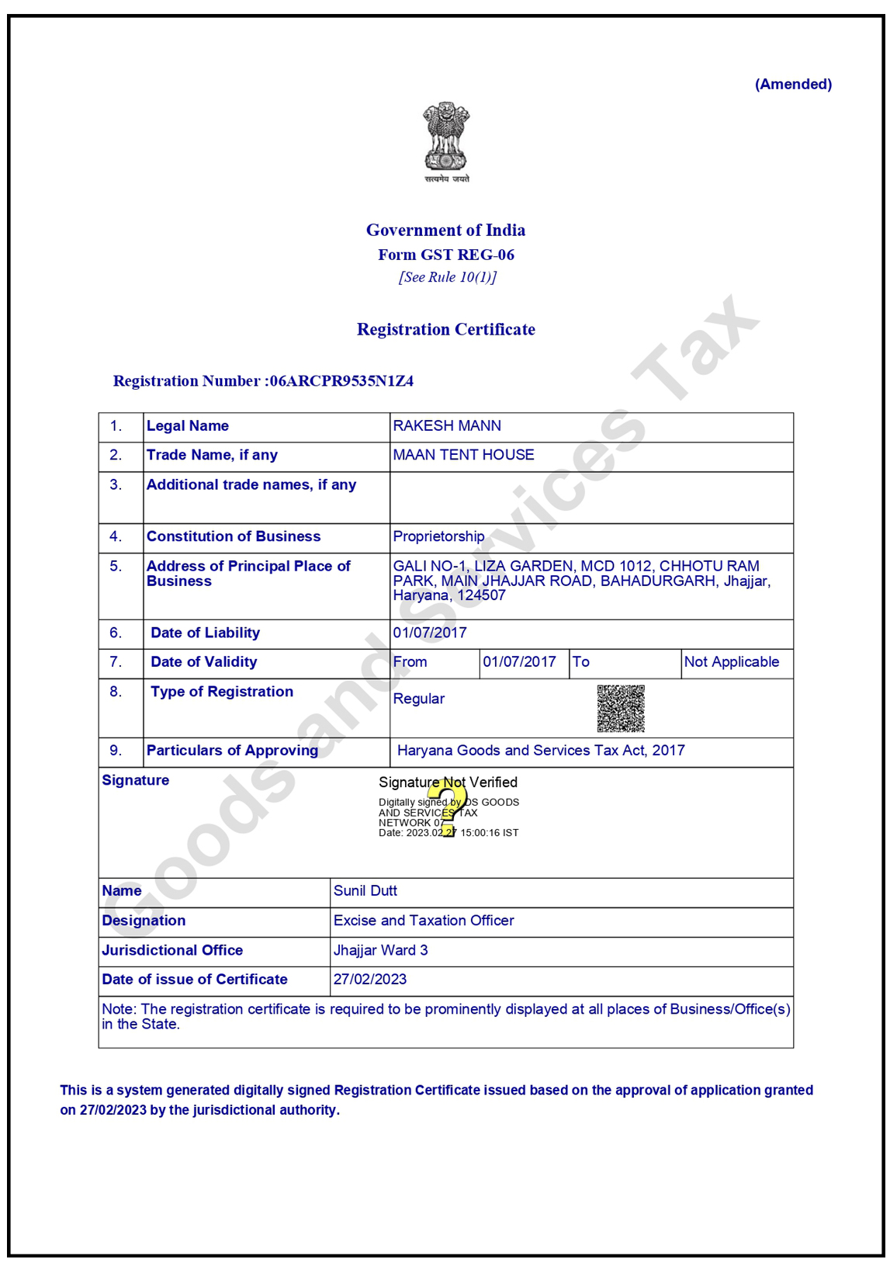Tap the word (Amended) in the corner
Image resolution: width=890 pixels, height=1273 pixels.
(x=793, y=85)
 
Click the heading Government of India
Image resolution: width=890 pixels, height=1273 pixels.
(x=445, y=231)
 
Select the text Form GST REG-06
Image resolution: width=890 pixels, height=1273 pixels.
(x=445, y=255)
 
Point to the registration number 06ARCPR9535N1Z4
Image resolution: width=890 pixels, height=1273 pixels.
(x=341, y=381)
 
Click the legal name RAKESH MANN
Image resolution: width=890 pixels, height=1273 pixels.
(x=447, y=426)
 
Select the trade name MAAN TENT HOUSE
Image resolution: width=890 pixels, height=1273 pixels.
(x=463, y=455)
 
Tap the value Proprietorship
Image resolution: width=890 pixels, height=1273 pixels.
(x=438, y=536)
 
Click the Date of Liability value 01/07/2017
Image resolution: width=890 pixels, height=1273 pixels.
(x=430, y=633)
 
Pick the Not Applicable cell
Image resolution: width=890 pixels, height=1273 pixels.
(x=732, y=662)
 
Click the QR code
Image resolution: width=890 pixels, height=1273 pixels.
(x=621, y=708)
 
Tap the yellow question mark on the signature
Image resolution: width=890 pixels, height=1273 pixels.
(x=448, y=807)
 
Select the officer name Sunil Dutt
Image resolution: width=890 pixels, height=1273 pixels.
(x=365, y=891)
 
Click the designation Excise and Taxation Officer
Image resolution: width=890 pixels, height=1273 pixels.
(x=424, y=921)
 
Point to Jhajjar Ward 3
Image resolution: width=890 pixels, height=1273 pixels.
(x=380, y=950)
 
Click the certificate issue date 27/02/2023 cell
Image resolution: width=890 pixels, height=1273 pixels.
(x=370, y=980)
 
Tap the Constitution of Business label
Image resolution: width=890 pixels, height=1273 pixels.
(x=234, y=536)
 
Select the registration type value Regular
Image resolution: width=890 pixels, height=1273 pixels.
(x=419, y=699)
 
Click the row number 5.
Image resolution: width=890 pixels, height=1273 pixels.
(x=116, y=567)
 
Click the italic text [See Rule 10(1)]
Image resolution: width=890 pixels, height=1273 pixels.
(x=447, y=277)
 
